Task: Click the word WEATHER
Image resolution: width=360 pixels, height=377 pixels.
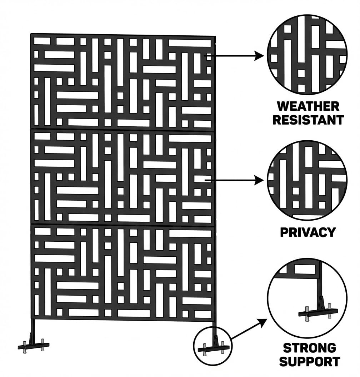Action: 308,106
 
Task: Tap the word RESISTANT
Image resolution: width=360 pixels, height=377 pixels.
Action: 308,120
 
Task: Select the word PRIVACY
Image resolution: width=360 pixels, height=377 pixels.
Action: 308,232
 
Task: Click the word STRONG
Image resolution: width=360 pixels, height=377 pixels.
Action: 310,348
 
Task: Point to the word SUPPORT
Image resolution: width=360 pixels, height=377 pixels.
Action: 310,361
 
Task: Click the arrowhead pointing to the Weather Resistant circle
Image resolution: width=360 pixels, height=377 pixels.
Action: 259,56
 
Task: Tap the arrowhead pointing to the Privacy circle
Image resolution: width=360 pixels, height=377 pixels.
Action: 259,180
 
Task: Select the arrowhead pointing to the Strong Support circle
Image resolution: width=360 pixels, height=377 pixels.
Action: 262,323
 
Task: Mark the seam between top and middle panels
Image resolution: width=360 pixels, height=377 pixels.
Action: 122,130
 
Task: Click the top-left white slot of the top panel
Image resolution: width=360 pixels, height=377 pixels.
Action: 42,41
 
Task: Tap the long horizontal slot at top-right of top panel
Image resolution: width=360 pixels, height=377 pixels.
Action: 190,43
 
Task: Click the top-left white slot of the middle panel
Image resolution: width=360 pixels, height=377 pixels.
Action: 42,136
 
